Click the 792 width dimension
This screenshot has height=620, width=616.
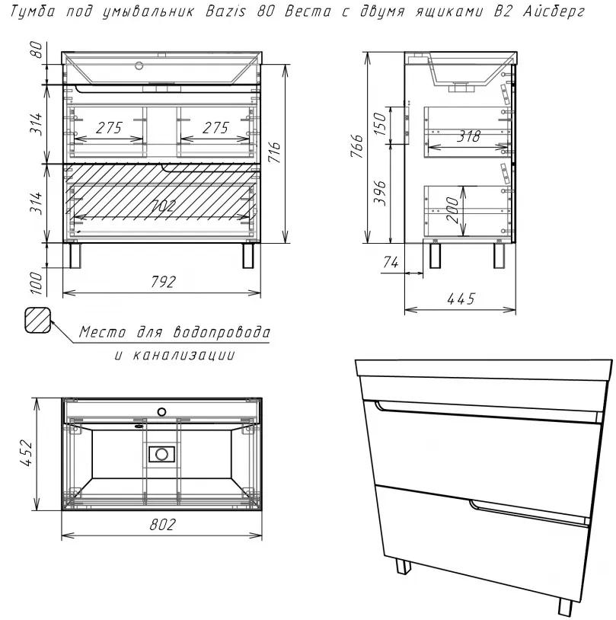(162, 281)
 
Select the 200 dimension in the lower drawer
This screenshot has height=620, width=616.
(452, 207)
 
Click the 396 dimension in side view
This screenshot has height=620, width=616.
(385, 193)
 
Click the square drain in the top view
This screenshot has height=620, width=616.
(161, 454)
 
